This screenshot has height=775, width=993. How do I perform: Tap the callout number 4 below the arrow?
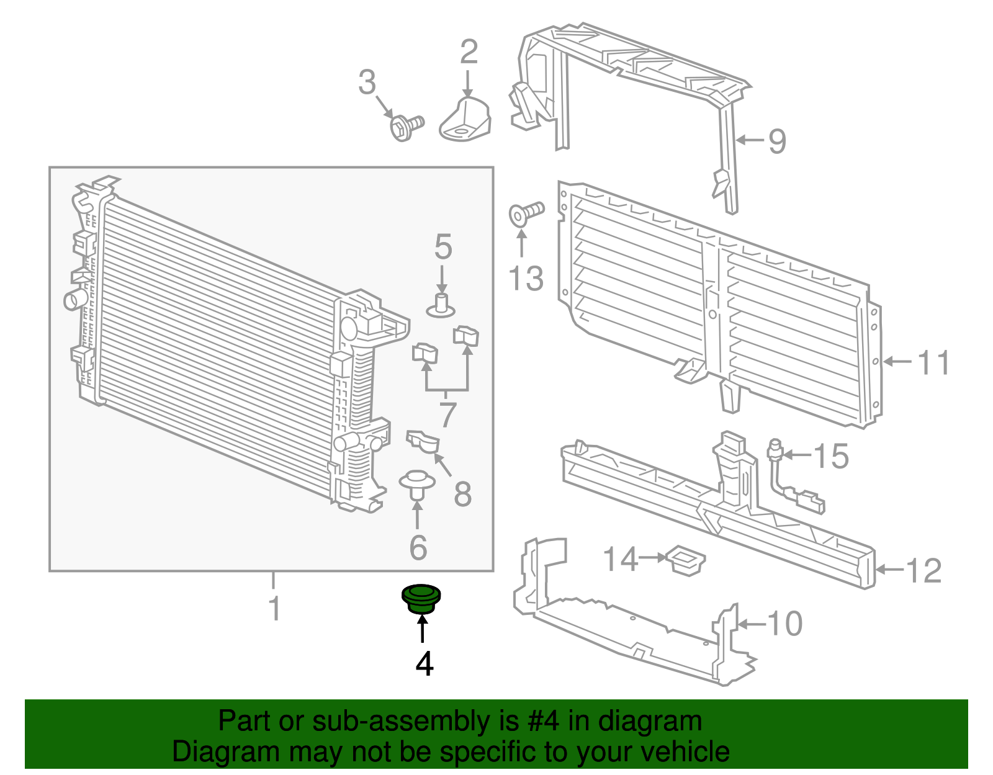point(424,665)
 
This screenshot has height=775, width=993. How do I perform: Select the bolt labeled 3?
point(405,127)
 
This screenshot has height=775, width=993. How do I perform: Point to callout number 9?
point(777,141)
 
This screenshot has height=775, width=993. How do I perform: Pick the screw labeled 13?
point(524,213)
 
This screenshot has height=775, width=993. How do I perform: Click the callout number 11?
point(933,363)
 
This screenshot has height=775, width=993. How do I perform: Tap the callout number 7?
point(447,414)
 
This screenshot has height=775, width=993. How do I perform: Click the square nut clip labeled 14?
point(685,560)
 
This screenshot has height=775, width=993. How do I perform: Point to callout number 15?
point(830,457)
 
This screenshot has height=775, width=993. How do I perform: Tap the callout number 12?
point(923,571)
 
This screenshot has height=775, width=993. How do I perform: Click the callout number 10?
point(785,624)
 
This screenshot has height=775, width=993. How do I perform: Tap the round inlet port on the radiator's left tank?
point(73,300)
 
